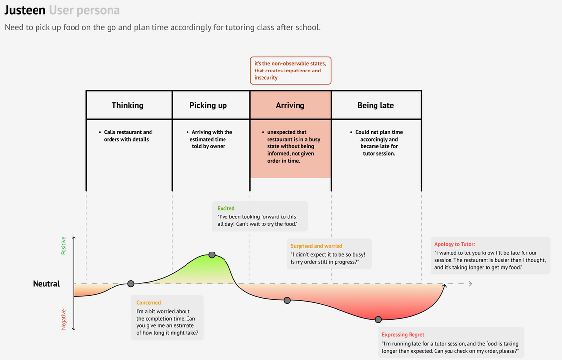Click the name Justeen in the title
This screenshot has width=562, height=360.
(x=25, y=10)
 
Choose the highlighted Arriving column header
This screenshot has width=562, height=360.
(x=290, y=105)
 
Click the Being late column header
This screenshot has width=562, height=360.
(x=376, y=105)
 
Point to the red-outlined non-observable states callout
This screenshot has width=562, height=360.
(x=290, y=71)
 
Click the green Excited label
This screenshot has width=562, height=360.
(x=226, y=208)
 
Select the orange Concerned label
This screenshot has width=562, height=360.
(x=149, y=303)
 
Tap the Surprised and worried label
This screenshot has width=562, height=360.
(x=316, y=246)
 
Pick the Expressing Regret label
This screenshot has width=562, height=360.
(x=403, y=334)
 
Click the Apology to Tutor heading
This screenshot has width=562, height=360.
(x=454, y=244)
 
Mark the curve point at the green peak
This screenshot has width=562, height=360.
(x=212, y=255)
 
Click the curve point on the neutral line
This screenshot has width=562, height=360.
(x=131, y=284)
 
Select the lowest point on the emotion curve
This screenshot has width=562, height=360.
(x=378, y=319)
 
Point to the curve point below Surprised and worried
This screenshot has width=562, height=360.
(x=287, y=300)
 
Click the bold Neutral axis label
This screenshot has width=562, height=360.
(x=46, y=284)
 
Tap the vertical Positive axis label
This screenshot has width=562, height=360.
(x=64, y=246)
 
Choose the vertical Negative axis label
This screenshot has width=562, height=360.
(x=64, y=320)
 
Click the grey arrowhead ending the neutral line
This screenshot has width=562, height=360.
(x=470, y=284)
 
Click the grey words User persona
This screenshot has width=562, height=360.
(x=84, y=10)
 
